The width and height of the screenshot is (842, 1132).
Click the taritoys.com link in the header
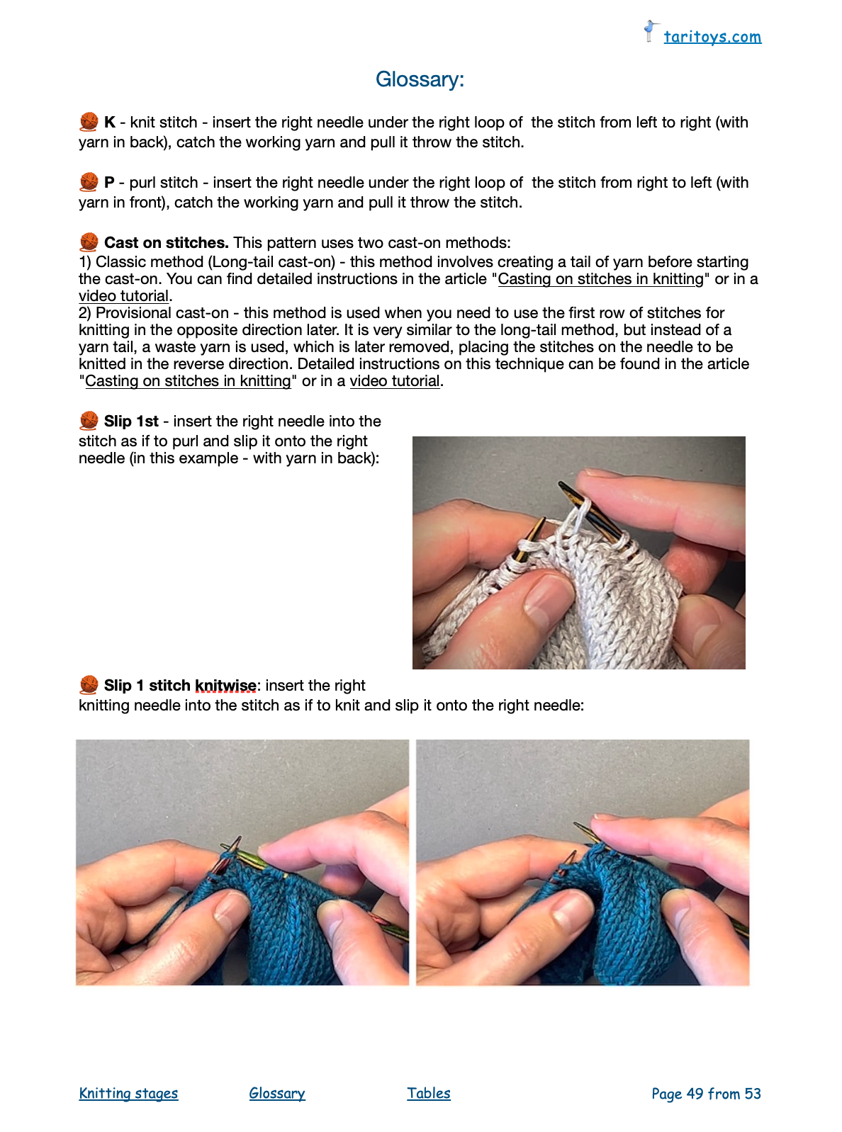coord(712,37)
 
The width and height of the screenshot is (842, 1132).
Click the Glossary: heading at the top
coord(420,79)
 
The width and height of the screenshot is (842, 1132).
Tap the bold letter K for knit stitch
coord(110,123)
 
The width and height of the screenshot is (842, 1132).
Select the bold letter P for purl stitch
coord(109,183)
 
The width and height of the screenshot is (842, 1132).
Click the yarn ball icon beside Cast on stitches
coord(89,242)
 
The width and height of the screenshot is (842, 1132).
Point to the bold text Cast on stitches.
coord(167,242)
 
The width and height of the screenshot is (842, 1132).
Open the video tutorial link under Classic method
coord(123,296)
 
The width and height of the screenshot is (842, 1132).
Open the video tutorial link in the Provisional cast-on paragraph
coord(395,380)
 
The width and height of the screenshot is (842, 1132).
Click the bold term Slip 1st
coord(131,421)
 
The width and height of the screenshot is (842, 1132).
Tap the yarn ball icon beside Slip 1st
coord(89,421)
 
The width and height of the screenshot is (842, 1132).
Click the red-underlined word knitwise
coord(225,686)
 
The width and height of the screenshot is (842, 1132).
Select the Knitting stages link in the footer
coord(129,1093)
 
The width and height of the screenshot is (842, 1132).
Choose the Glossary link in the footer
coord(277,1093)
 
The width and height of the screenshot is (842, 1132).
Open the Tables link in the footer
coord(429,1093)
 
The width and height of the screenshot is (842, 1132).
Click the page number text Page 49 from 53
coord(706,1094)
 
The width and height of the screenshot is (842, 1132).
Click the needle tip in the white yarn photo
coord(561,483)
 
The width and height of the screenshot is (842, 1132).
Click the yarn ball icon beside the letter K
coord(89,122)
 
